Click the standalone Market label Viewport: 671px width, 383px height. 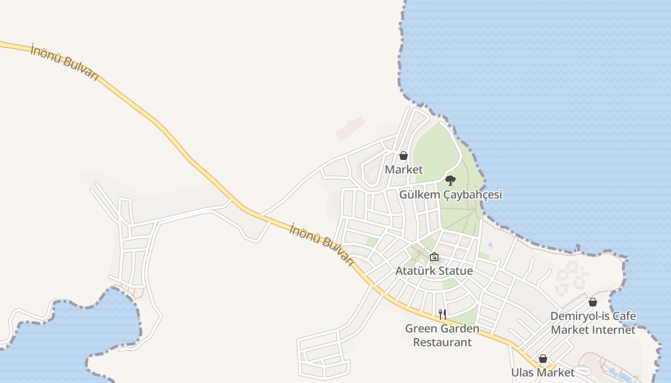tap(404, 169)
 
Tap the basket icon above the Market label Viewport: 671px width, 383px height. tap(404, 156)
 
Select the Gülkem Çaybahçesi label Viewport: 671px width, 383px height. tap(451, 195)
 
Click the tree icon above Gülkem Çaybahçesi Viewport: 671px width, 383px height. tap(450, 180)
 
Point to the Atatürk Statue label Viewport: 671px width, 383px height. tap(434, 271)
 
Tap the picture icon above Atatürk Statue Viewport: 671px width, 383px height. tap(434, 257)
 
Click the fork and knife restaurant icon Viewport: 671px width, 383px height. tap(442, 315)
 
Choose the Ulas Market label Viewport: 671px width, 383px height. tap(543, 372)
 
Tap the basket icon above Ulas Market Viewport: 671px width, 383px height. tap(543, 359)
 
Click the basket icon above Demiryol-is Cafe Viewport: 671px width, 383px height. tap(593, 302)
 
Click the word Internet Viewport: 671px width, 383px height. tap(615, 330)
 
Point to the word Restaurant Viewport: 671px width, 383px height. tap(442, 342)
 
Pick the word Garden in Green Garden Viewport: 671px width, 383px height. tap(460, 328)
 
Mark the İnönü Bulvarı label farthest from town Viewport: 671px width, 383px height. tap(64, 62)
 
